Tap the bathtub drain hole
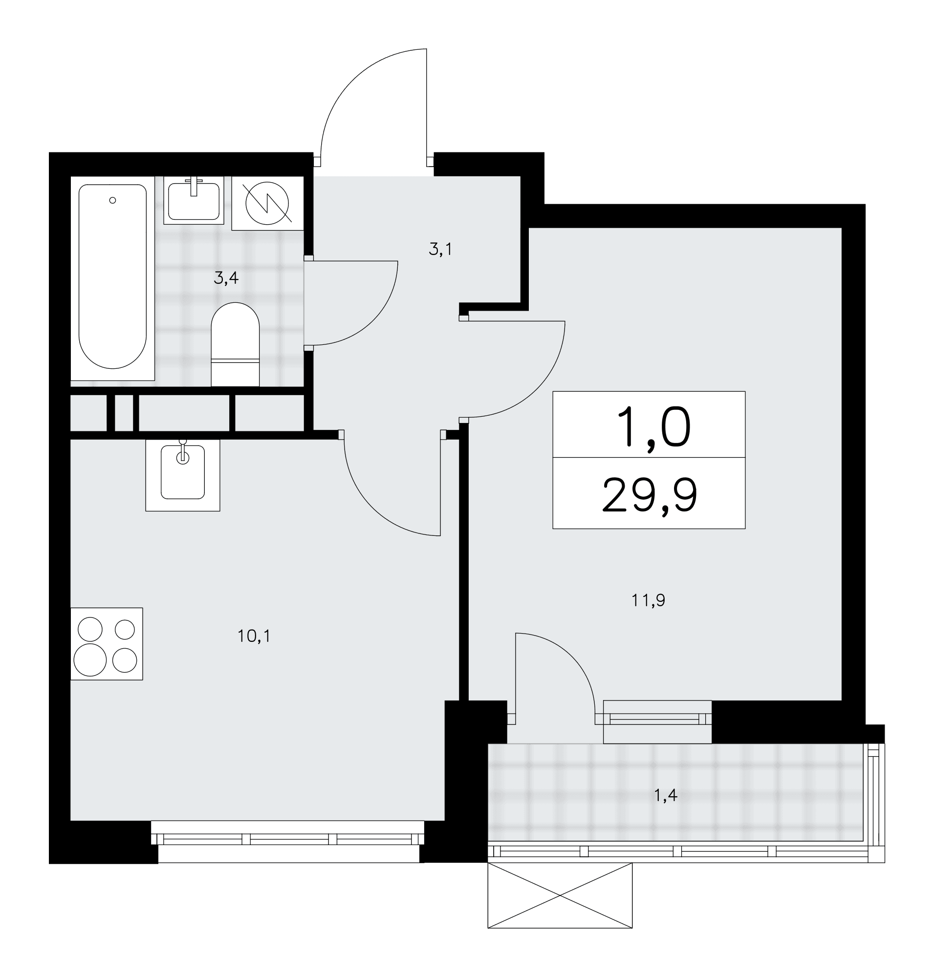click(x=112, y=200)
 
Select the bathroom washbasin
click(x=194, y=201)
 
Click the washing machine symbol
click(x=267, y=203)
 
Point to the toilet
click(x=236, y=344)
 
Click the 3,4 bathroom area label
click(x=226, y=278)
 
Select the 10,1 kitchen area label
click(x=254, y=636)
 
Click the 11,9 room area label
click(x=648, y=601)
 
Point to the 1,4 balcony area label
click(x=666, y=796)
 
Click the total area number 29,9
click(x=649, y=496)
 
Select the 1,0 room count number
click(x=653, y=426)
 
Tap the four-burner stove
click(x=107, y=643)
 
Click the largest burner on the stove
click(x=90, y=660)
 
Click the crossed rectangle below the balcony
click(x=560, y=895)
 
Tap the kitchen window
click(x=288, y=839)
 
